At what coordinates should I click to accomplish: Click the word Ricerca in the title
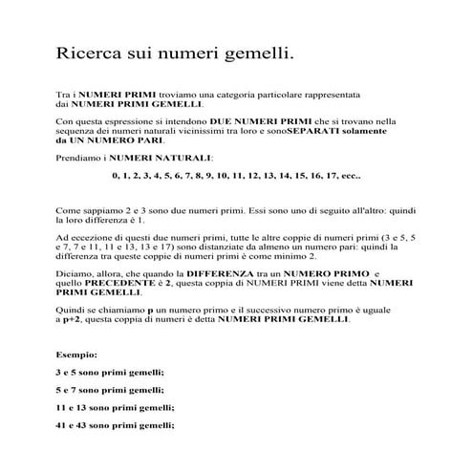coord(90,54)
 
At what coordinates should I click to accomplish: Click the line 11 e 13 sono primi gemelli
coord(113,408)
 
